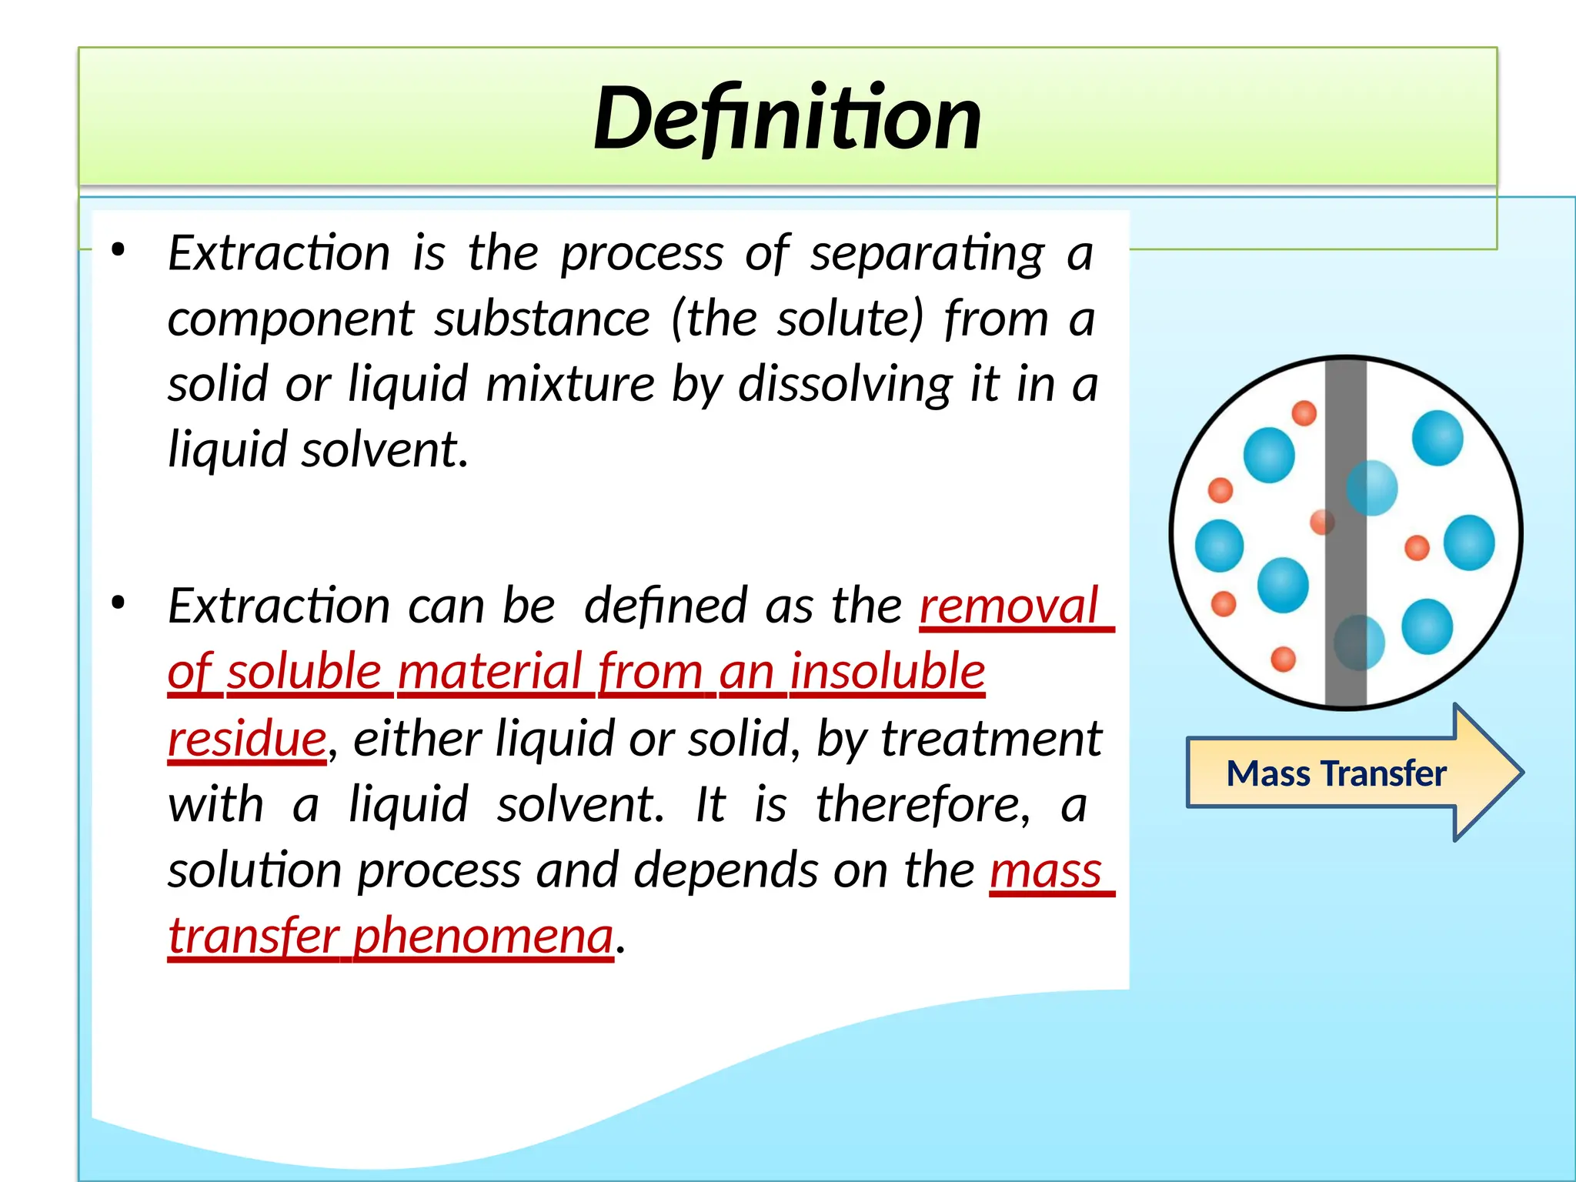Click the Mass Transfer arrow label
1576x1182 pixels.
coord(1336,773)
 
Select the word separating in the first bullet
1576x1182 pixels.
coord(927,253)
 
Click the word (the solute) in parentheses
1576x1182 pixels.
coord(797,319)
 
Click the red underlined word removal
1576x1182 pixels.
coord(1009,606)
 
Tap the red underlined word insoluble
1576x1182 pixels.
coord(887,671)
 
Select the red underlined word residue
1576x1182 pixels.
coord(247,738)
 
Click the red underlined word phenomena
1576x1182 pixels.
coord(483,936)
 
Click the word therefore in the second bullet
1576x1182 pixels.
coord(922,804)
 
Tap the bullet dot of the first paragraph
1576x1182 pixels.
coord(118,249)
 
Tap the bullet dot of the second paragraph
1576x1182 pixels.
coord(118,603)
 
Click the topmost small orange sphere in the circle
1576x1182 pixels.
coord(1304,413)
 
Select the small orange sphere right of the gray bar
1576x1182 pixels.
coord(1417,548)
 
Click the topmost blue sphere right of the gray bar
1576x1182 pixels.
coord(1437,438)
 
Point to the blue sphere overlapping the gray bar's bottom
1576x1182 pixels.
coord(1358,642)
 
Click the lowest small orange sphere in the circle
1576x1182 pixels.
coord(1283,659)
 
